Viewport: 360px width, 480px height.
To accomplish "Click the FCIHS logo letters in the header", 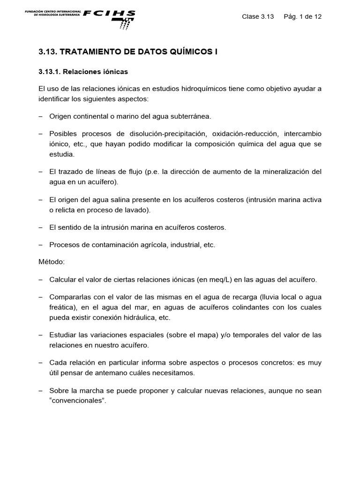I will click(109, 14).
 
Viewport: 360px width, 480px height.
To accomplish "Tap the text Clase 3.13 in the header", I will click(257, 16).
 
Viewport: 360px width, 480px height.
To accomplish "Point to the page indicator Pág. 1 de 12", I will click(303, 16).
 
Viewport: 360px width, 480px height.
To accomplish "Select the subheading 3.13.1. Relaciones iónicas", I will click(83, 72).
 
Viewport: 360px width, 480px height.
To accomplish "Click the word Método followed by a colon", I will click(52, 261).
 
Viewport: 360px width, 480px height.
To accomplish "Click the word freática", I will click(62, 307).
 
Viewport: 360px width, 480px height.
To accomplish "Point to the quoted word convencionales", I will click(76, 400).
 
